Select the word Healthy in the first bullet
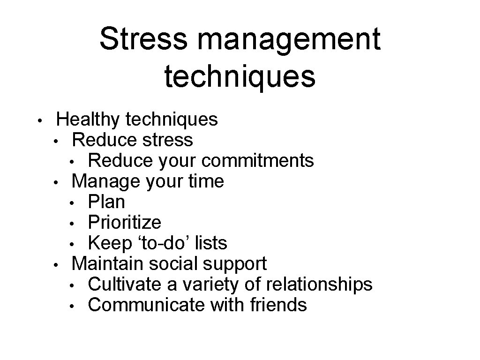point(88,120)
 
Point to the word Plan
point(106,202)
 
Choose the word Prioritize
point(124,223)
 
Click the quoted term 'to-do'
point(162,243)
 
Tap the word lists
point(211,243)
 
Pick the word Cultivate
point(122,284)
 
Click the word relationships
point(319,284)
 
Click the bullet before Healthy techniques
point(41,120)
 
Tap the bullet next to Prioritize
point(72,224)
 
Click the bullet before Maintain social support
point(55,265)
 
